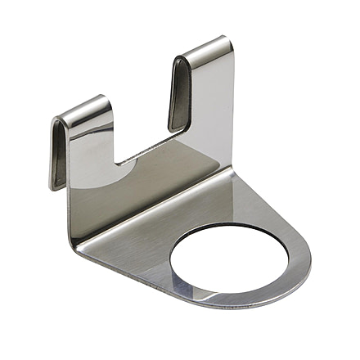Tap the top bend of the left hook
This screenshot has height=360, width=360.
82,110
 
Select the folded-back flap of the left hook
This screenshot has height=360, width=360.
59,151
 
